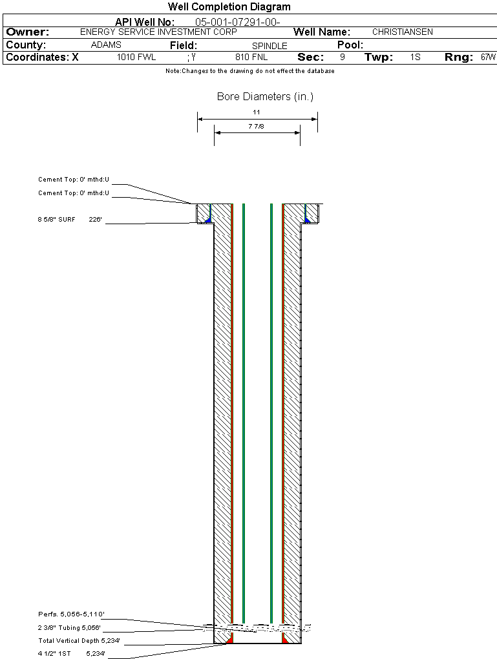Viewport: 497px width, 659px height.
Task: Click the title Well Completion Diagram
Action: tap(229, 7)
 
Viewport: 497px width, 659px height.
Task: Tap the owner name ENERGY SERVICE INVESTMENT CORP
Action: tap(158, 32)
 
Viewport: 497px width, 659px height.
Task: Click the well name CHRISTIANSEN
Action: tap(403, 32)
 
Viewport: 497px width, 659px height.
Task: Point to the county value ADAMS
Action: tap(106, 45)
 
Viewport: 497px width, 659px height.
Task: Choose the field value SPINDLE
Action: tap(270, 46)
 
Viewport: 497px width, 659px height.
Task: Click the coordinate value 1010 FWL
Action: tap(136, 58)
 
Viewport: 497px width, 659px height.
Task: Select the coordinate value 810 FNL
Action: tap(251, 58)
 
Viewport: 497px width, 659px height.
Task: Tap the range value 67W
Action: tap(488, 58)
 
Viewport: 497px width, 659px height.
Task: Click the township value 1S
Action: tap(415, 58)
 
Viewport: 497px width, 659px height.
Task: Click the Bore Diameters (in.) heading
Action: tap(265, 97)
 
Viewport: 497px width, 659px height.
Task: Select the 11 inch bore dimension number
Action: tap(257, 112)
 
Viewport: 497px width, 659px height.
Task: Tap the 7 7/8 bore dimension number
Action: tap(257, 127)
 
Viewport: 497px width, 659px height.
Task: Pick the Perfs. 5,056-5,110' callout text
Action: tap(71, 614)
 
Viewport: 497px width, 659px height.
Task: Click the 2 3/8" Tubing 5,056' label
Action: tap(69, 628)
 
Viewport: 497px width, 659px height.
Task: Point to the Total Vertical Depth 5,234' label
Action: tap(79, 641)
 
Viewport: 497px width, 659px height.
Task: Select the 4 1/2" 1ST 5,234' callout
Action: tap(71, 654)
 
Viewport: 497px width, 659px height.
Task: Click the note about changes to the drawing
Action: tap(250, 71)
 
